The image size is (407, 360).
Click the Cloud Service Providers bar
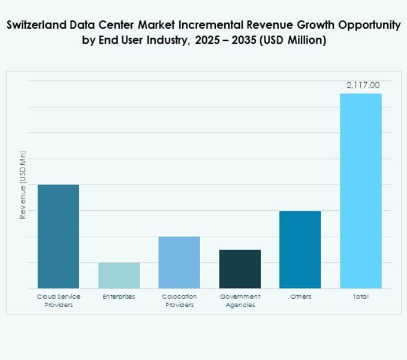coord(58,236)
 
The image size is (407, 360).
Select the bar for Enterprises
coord(119,275)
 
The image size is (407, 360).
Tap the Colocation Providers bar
coord(179,262)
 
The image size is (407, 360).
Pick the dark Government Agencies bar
coord(240,268)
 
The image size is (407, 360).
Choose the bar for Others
coord(300,249)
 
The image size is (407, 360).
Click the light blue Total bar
coord(361,190)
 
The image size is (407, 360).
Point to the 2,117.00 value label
coord(363,85)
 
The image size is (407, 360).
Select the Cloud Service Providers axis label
coord(58,301)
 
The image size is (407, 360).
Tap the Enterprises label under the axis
coord(119,297)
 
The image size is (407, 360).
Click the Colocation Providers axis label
coord(179,301)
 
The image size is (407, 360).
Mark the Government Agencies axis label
coord(240,301)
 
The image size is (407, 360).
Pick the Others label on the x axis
coord(300,297)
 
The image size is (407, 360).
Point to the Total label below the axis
coord(361,297)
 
